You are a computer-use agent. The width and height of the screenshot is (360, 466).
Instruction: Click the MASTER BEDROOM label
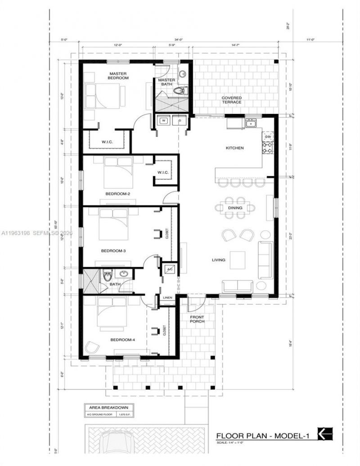[118, 75]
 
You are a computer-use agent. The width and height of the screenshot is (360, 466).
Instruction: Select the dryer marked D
[180, 121]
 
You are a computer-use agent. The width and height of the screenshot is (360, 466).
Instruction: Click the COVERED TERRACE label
[231, 100]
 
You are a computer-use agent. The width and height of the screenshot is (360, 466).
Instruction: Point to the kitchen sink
[250, 123]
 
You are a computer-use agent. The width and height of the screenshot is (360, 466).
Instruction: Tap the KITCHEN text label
[234, 148]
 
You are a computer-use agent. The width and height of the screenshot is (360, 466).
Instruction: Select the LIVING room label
[220, 260]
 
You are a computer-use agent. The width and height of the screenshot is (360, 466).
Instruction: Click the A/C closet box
[170, 269]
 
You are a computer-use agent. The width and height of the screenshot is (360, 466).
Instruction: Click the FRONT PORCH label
[197, 318]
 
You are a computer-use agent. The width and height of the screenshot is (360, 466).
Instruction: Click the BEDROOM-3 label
[113, 251]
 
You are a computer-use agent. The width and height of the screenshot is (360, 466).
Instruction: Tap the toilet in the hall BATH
[108, 275]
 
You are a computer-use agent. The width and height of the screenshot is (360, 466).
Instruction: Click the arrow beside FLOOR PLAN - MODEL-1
[325, 434]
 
